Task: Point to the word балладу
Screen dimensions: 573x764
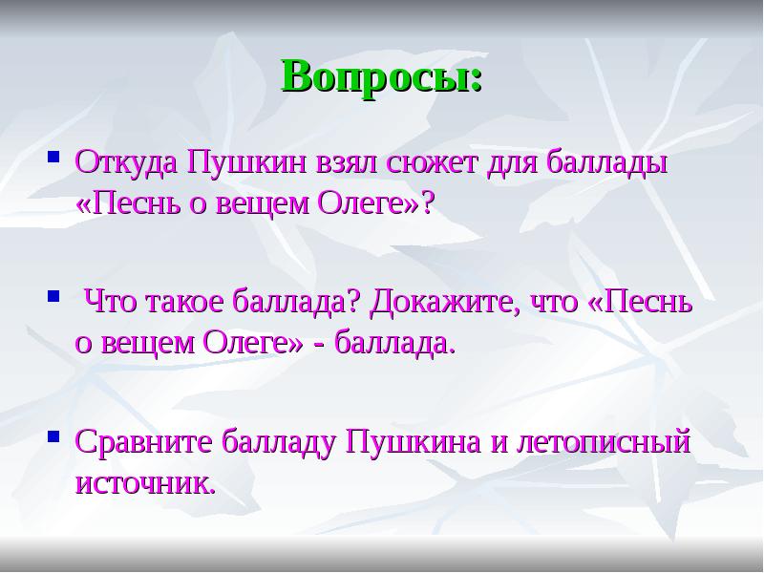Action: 277,443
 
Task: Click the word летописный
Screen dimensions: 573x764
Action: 602,443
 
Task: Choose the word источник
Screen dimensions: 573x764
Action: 145,482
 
